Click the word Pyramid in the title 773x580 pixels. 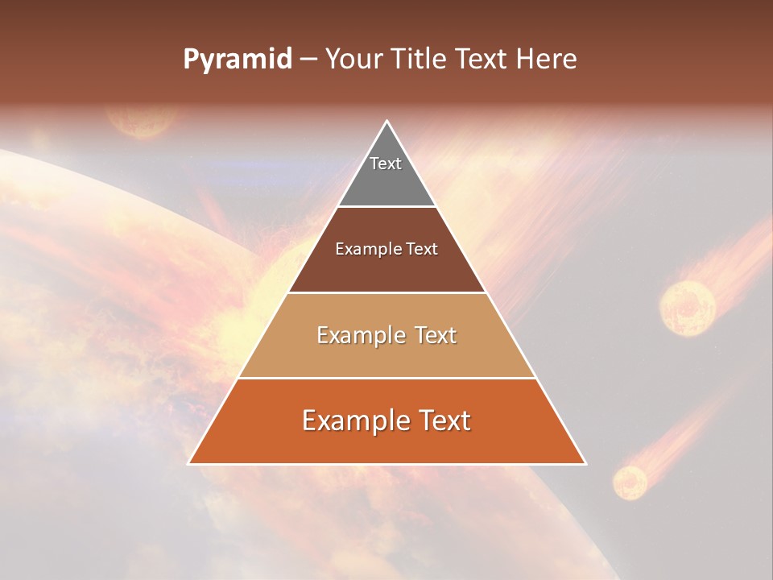[237, 60]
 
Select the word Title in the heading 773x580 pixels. [422, 60]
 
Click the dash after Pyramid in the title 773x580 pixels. [308, 60]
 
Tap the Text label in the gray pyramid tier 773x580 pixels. [386, 164]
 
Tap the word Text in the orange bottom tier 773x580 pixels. [443, 420]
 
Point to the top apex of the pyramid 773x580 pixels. [387, 121]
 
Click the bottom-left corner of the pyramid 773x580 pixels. [188, 464]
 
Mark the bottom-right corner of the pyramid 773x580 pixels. [586, 464]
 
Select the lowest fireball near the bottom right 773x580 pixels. [630, 482]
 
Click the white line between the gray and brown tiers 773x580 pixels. [387, 206]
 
